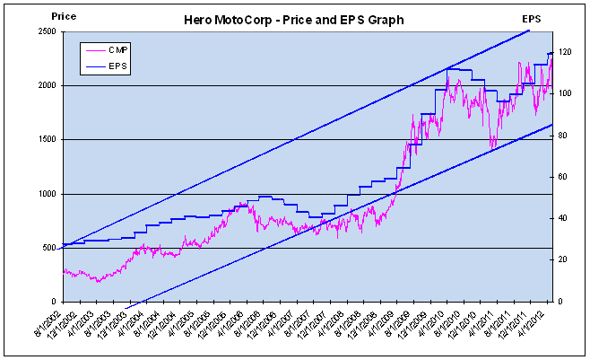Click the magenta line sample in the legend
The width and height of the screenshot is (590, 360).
pos(94,50)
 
